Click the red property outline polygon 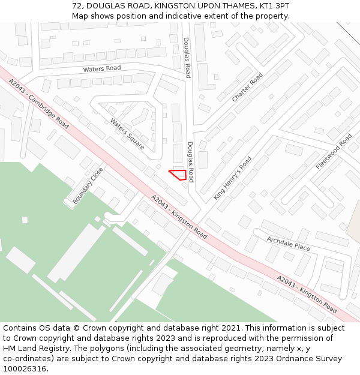coord(178,175)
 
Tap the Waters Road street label coord(102,69)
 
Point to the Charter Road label coord(247,87)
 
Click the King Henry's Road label coord(233,178)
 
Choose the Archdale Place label coord(288,244)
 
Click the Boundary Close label coord(88,186)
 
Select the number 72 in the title coord(77,5)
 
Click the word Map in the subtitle coord(80,16)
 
